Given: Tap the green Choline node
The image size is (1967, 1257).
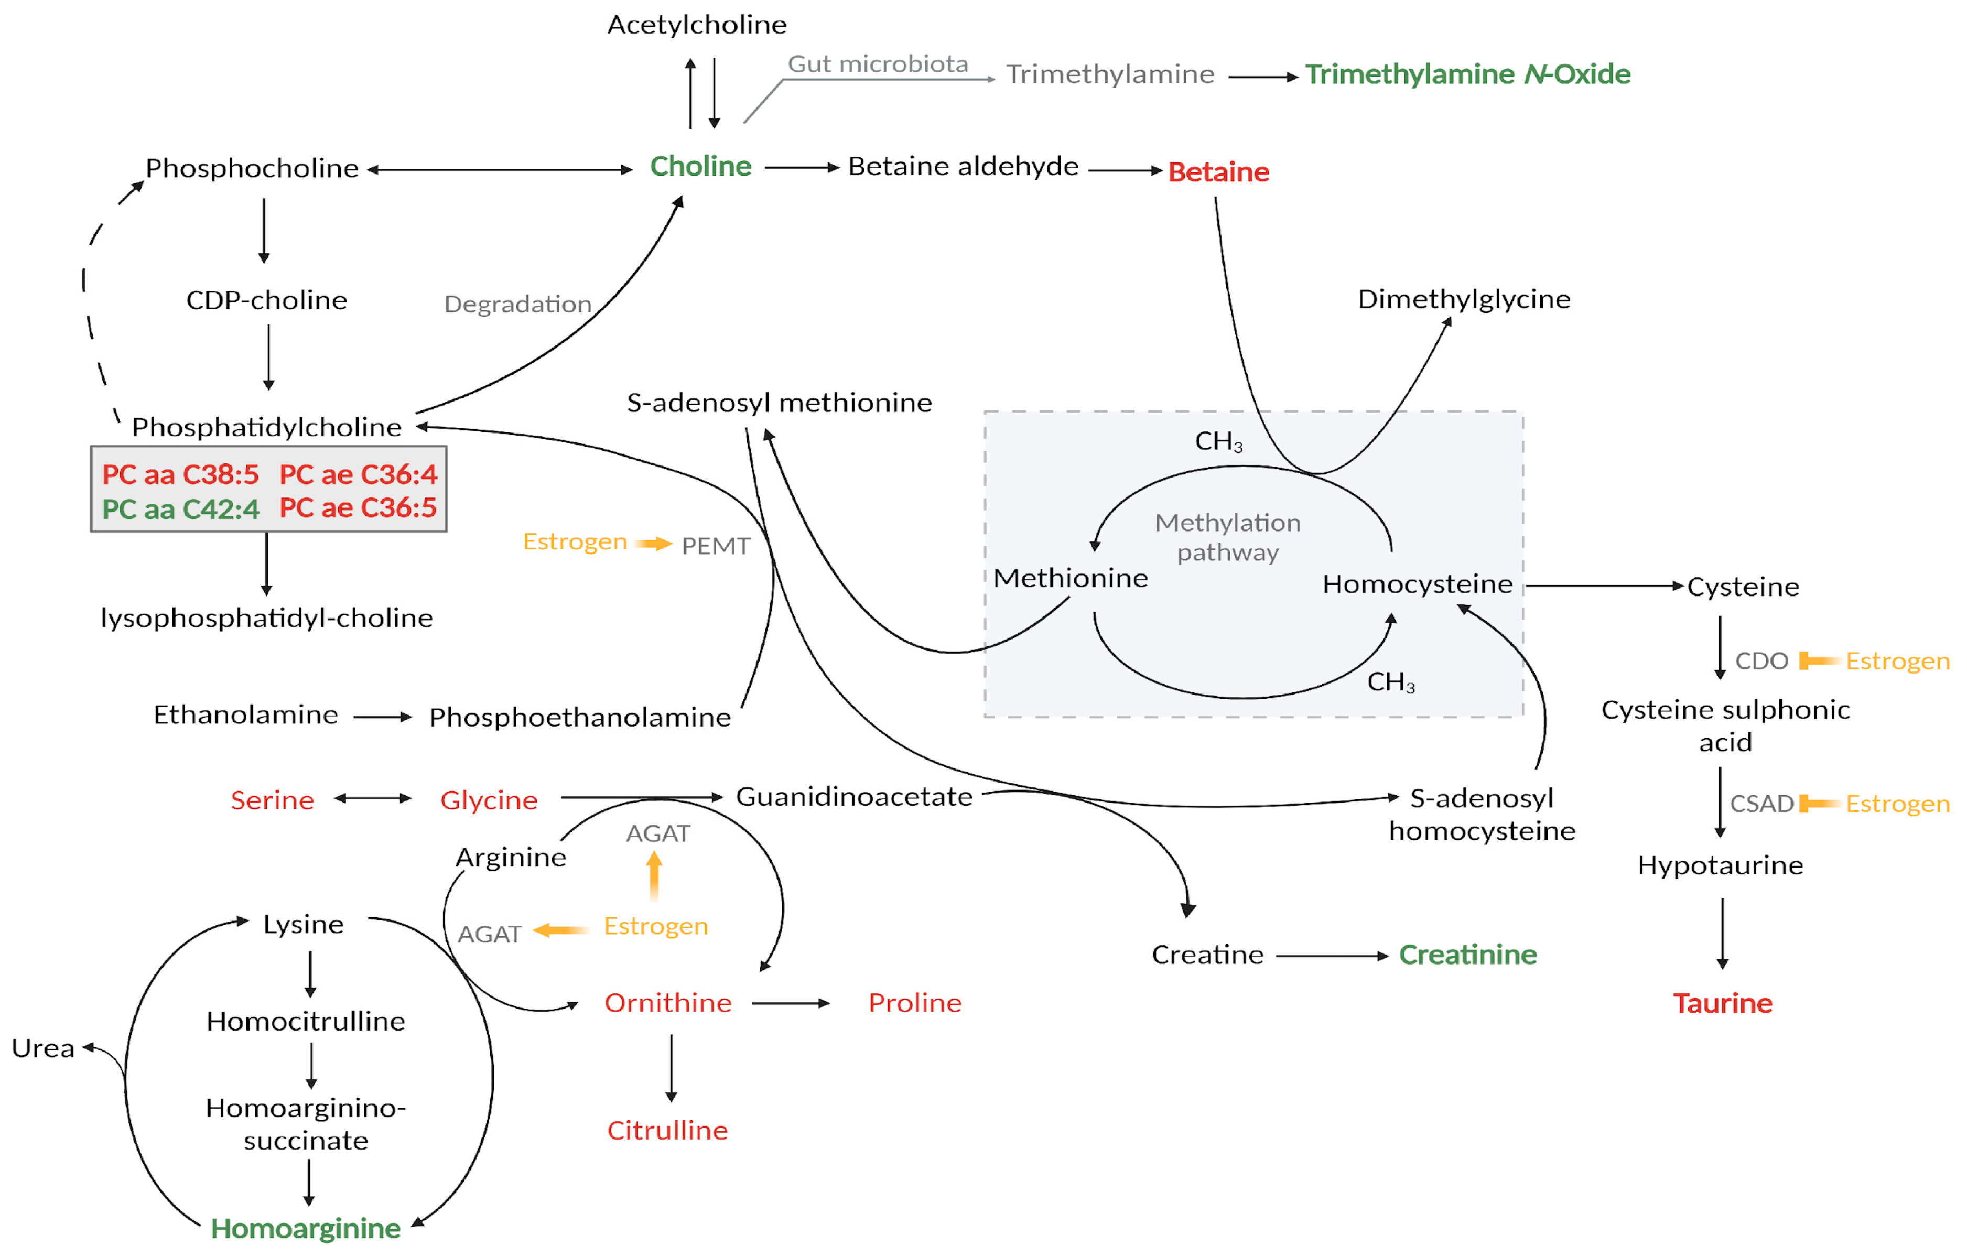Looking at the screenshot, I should click(700, 167).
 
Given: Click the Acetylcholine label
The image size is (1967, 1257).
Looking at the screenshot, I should click(697, 25).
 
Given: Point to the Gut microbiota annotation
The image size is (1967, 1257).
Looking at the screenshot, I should click(877, 64).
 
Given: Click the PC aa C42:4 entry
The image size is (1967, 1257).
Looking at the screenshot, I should click(180, 510).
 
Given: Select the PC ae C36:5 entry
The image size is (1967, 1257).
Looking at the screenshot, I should click(358, 508).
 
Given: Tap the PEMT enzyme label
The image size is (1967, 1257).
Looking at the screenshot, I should click(716, 546).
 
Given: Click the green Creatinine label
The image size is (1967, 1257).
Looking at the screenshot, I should click(1468, 955).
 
